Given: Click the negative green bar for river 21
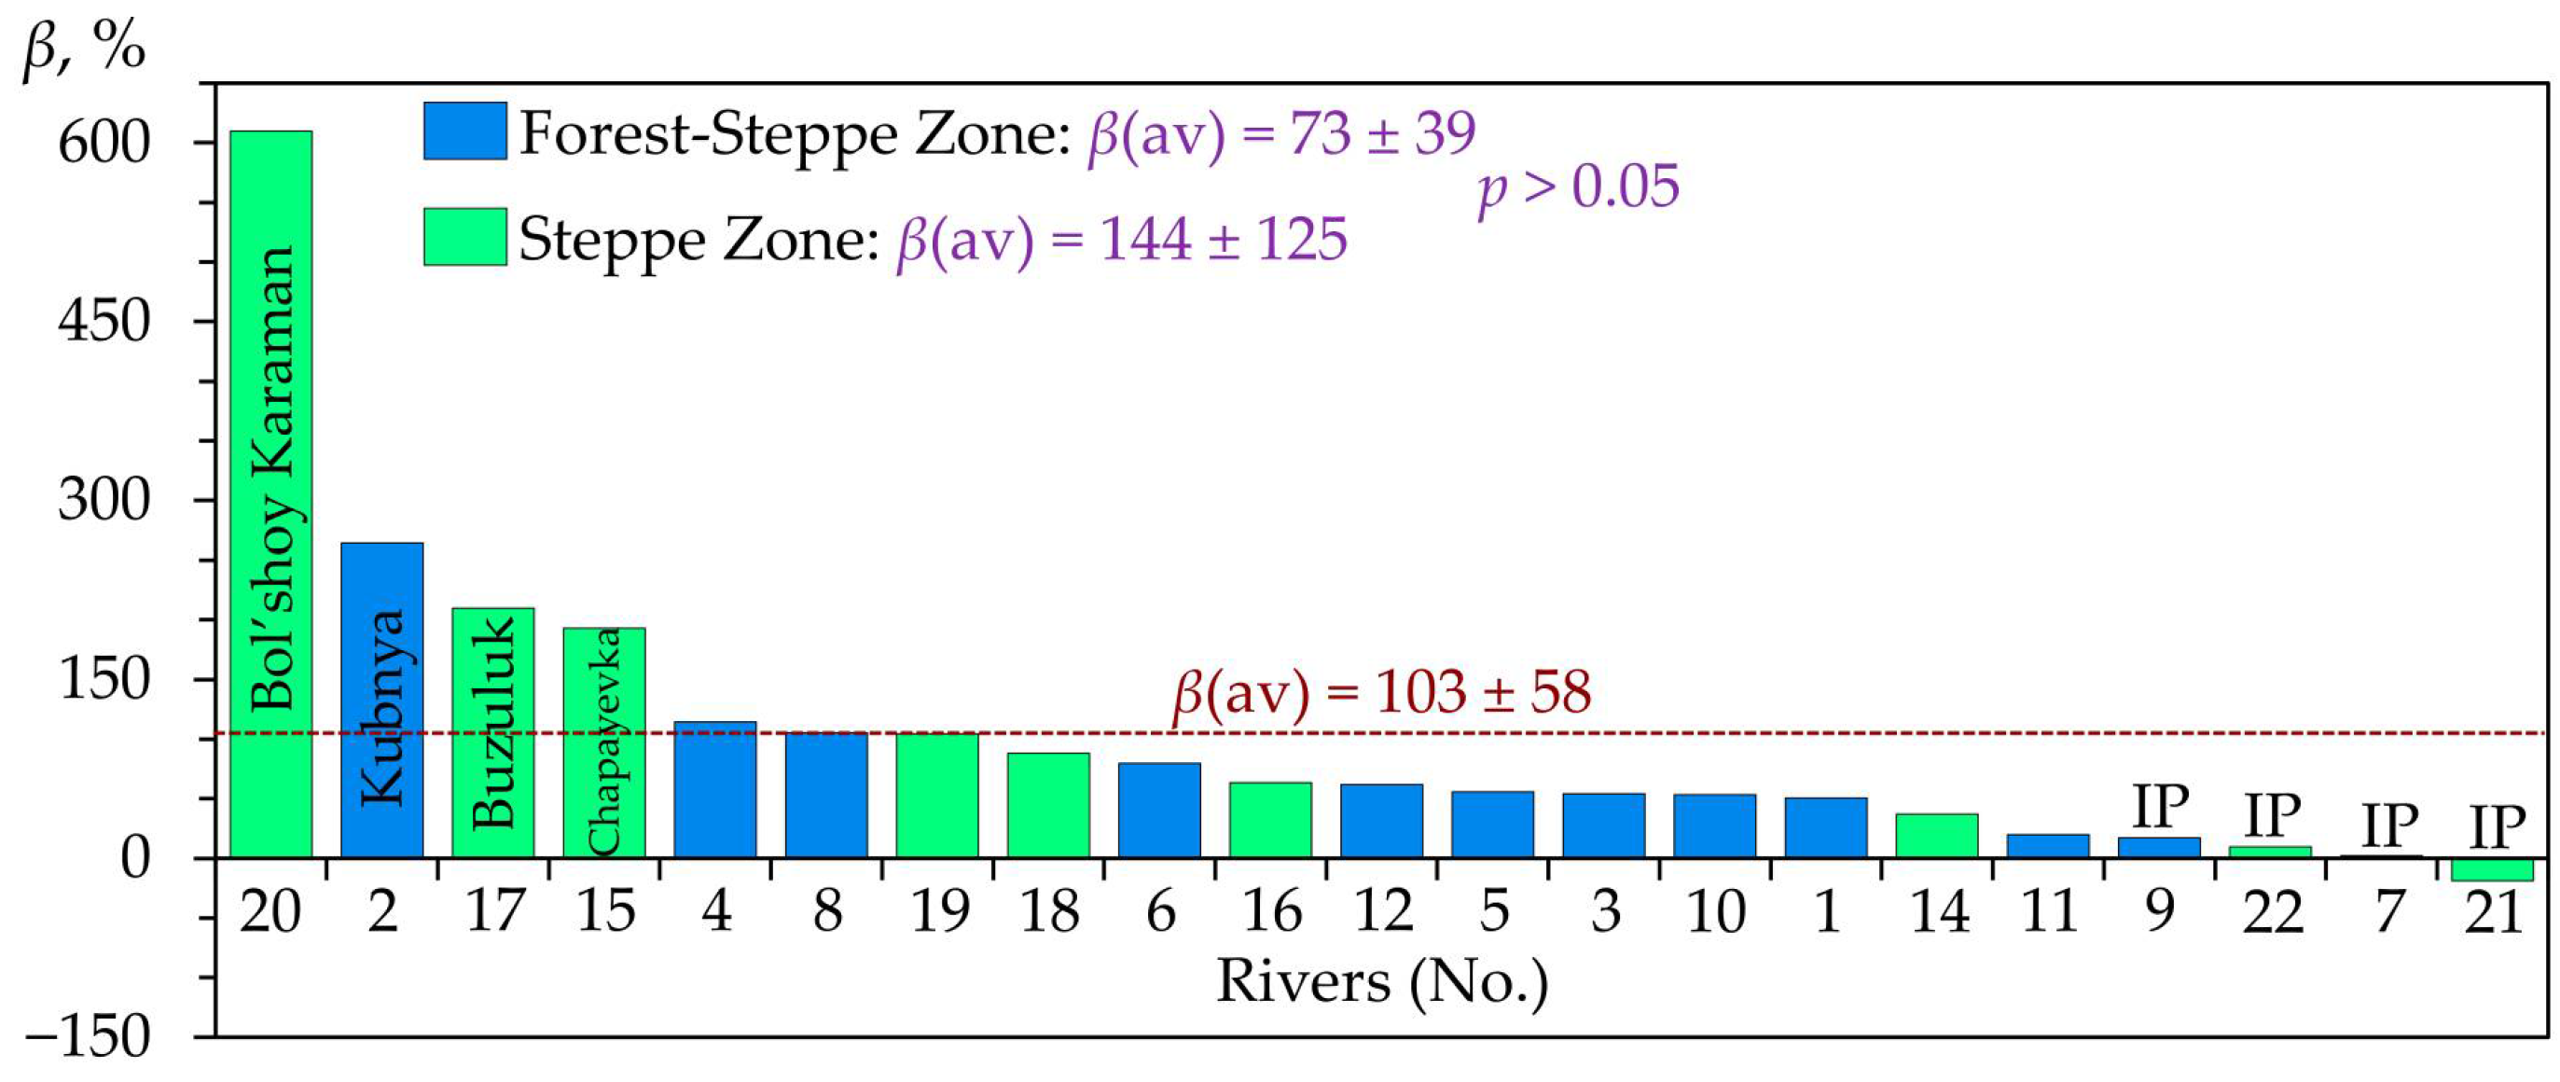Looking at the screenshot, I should coord(2493,869).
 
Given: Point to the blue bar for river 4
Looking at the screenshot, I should coord(714,789).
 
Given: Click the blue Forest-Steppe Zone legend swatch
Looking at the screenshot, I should coord(464,131).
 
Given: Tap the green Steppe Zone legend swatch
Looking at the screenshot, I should coord(464,237).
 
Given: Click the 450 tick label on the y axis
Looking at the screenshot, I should coord(104,321).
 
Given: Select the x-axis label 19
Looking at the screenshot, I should coord(938,911).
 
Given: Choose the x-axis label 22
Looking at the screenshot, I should coord(2272,911).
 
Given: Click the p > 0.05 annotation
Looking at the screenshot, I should coord(1578,187).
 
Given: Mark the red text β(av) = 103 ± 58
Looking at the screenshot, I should coord(1382,692).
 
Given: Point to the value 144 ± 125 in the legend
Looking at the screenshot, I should coord(1224,240).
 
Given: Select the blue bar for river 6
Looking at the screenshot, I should coord(1158,810).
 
